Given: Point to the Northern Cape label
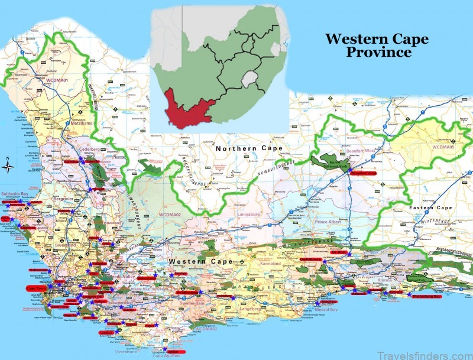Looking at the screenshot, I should coord(250,148).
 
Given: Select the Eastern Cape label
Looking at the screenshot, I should coord(432,208).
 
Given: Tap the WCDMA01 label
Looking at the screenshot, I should coord(58,78).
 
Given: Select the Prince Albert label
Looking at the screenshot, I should coord(329,222).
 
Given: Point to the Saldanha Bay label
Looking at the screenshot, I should coord(16,194).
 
